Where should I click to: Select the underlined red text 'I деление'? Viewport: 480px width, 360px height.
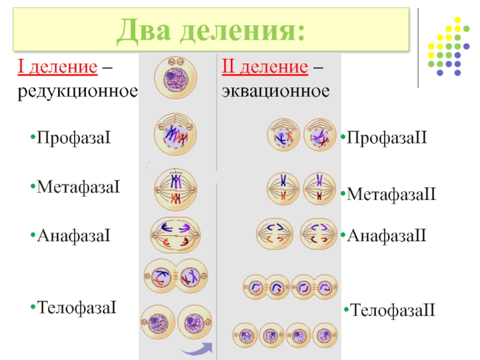click(58, 68)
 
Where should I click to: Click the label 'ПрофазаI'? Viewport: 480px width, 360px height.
click(75, 139)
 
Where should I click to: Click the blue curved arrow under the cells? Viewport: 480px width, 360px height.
click(199, 349)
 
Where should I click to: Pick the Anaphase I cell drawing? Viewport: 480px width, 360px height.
click(175, 235)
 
